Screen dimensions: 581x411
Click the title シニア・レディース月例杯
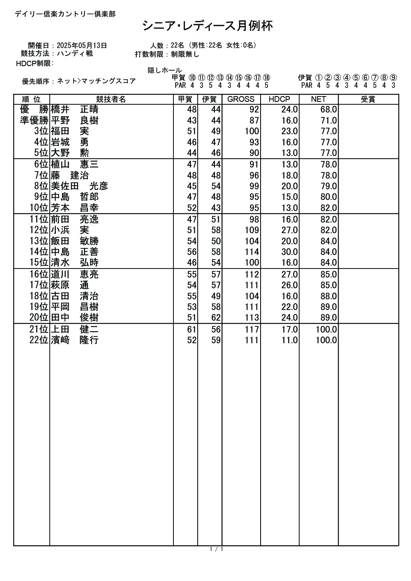tap(208, 26)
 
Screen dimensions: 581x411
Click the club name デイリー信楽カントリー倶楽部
tap(65, 14)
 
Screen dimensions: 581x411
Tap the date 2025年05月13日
tap(82, 46)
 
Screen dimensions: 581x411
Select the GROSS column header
tap(241, 99)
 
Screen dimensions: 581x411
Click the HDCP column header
tap(279, 99)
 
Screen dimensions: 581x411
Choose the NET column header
tap(319, 99)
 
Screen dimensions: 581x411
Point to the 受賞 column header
tap(368, 99)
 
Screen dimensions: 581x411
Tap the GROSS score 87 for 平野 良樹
tap(254, 121)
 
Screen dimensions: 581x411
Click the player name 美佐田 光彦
tap(79, 186)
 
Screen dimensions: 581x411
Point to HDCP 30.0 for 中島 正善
tap(289, 252)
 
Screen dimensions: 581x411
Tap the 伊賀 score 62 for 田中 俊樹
tap(216, 317)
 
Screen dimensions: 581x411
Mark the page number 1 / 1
tap(216, 549)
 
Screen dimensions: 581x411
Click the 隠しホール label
tap(164, 71)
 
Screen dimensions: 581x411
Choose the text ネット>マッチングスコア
tap(96, 81)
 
